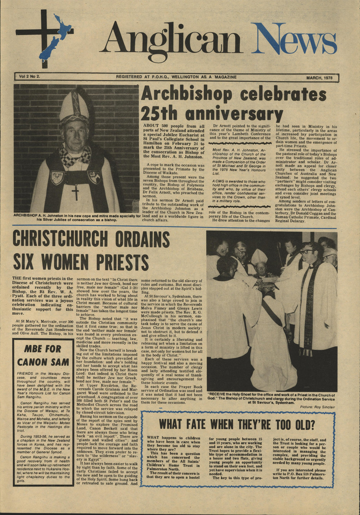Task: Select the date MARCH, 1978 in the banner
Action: pos(319,77)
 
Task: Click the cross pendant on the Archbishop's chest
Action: pos(75,192)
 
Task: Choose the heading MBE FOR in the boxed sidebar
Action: pos(42,349)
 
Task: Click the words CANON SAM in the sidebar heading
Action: pos(42,361)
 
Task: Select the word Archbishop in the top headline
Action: pos(187,94)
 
